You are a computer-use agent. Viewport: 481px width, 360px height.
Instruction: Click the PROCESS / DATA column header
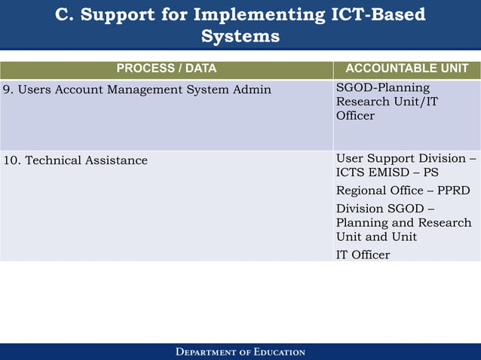(x=166, y=69)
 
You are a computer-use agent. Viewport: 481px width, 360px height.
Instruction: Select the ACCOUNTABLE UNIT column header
(x=406, y=69)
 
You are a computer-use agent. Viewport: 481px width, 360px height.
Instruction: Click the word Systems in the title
(x=240, y=36)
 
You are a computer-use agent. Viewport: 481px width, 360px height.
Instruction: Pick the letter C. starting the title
(x=66, y=15)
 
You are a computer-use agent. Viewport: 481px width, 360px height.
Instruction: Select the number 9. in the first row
(x=8, y=90)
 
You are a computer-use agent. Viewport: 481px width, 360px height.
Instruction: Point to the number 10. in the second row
(x=12, y=160)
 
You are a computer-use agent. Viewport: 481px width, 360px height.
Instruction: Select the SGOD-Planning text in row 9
(x=382, y=88)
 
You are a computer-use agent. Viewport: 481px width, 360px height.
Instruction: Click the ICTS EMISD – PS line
(x=387, y=172)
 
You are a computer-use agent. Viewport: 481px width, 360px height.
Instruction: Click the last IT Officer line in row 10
(x=363, y=255)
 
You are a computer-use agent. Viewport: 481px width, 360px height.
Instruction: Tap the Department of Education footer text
(x=240, y=352)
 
